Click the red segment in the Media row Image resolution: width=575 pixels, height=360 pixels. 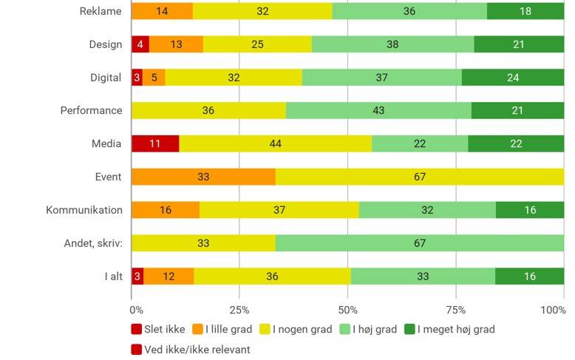pyautogui.click(x=155, y=143)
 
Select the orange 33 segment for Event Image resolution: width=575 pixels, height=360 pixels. pyautogui.click(x=203, y=177)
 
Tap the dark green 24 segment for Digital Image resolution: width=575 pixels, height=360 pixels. pyautogui.click(x=513, y=77)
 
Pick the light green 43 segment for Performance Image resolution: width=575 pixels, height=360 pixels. pyautogui.click(x=378, y=110)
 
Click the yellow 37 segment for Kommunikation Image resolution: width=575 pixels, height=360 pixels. pyautogui.click(x=279, y=210)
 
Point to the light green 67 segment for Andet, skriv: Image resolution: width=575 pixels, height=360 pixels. pyautogui.click(x=420, y=243)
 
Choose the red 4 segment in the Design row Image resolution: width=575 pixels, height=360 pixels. pyautogui.click(x=140, y=44)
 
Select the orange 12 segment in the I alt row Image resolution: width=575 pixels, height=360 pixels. pyautogui.click(x=169, y=276)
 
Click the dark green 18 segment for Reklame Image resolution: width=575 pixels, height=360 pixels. pyautogui.click(x=525, y=11)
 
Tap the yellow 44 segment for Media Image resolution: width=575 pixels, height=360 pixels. pyautogui.click(x=276, y=143)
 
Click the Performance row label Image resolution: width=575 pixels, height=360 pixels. pyautogui.click(x=91, y=110)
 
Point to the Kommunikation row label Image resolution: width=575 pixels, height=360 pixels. pyautogui.click(x=84, y=210)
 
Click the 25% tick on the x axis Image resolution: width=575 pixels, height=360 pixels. pyautogui.click(x=239, y=310)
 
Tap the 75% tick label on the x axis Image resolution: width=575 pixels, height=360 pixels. pyautogui.click(x=456, y=310)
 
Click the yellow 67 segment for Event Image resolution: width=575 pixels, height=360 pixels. pyautogui.click(x=420, y=177)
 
